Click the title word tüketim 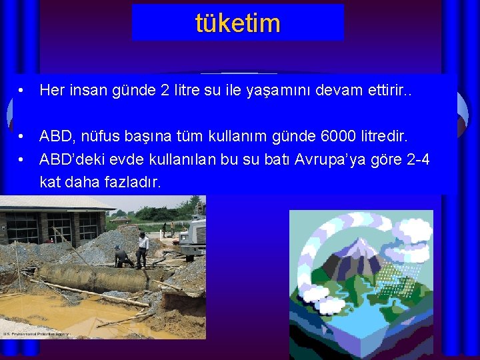238,23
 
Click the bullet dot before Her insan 22,90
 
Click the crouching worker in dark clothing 121,257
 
